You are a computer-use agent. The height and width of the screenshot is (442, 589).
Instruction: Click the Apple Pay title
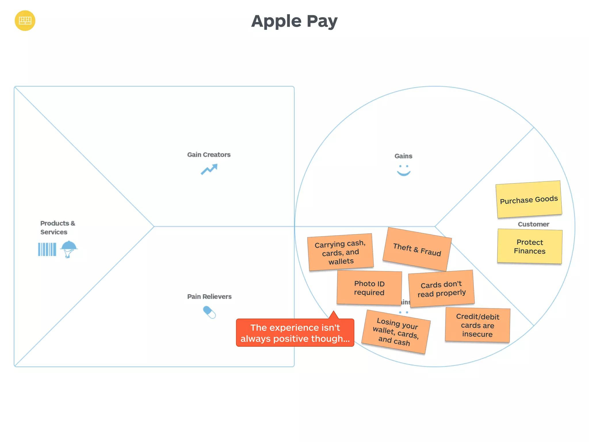pyautogui.click(x=294, y=21)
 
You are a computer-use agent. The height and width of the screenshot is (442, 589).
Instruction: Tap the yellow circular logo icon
pyautogui.click(x=25, y=21)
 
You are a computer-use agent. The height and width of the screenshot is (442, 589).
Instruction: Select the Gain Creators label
pyautogui.click(x=209, y=155)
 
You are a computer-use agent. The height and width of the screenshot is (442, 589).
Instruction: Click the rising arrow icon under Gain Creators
pyautogui.click(x=209, y=169)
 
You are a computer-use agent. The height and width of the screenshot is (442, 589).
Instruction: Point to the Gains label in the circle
pyautogui.click(x=403, y=156)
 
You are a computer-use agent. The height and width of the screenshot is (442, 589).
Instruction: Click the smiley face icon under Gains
pyautogui.click(x=403, y=170)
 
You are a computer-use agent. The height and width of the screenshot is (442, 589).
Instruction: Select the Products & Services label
pyautogui.click(x=58, y=228)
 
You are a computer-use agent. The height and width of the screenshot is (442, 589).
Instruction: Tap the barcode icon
pyautogui.click(x=47, y=249)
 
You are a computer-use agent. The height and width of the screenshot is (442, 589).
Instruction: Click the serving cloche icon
pyautogui.click(x=69, y=249)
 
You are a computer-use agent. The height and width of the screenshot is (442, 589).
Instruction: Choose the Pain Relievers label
pyautogui.click(x=209, y=297)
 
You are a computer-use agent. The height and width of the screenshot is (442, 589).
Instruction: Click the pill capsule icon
pyautogui.click(x=209, y=312)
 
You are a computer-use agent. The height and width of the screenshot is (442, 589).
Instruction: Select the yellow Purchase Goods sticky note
pyautogui.click(x=529, y=199)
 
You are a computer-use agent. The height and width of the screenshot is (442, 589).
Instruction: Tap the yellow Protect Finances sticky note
pyautogui.click(x=529, y=246)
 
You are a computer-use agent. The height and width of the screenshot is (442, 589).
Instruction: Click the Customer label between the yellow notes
pyautogui.click(x=533, y=224)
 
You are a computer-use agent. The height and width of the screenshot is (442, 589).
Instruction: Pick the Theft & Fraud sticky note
pyautogui.click(x=417, y=249)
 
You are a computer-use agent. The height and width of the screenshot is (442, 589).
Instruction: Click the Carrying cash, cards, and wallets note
pyautogui.click(x=341, y=252)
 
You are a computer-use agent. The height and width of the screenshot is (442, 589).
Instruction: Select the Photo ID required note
pyautogui.click(x=369, y=288)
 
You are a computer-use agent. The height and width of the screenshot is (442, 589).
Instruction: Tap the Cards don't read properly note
pyautogui.click(x=441, y=289)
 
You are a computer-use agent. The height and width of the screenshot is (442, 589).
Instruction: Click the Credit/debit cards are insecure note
pyautogui.click(x=477, y=325)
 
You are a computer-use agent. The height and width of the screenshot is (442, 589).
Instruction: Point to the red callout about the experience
pyautogui.click(x=295, y=333)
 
